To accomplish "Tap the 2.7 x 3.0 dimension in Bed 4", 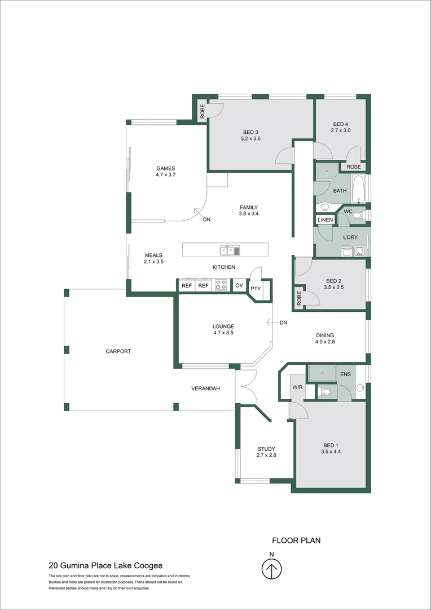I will tap(340, 130).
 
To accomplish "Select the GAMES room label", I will tap(165, 168).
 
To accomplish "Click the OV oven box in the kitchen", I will tap(239, 286).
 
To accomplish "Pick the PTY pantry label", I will tap(256, 289).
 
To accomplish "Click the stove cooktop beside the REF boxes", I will tap(221, 286).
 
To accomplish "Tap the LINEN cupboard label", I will tap(325, 220).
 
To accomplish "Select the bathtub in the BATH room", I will tap(358, 189).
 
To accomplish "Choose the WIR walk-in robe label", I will tap(297, 387).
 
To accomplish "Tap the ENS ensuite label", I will tap(345, 374).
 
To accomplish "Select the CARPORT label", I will tap(118, 351).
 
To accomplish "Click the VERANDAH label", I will tap(205, 389).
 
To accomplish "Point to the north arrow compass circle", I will tap(272, 569).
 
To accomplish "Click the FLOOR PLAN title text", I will tap(296, 541).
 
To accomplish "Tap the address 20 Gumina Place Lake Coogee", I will tap(105, 565).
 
